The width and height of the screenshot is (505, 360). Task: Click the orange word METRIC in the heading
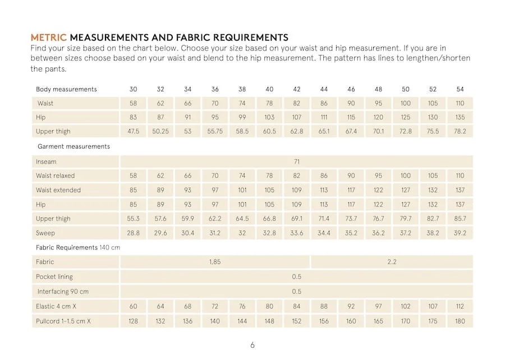click(49, 38)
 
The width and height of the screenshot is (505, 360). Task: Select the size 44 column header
click(324, 89)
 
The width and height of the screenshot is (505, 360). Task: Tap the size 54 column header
click(460, 89)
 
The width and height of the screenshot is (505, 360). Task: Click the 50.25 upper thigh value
click(160, 132)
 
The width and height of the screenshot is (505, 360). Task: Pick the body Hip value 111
click(324, 118)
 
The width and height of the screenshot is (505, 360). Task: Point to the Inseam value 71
click(297, 161)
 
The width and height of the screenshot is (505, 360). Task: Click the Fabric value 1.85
click(215, 262)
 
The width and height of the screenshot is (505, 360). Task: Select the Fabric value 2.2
click(392, 262)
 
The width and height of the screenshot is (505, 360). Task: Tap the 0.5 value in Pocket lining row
click(297, 276)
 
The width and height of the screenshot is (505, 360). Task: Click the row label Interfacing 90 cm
click(63, 292)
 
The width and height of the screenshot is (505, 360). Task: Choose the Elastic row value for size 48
click(378, 307)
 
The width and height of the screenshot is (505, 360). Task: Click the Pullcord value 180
click(460, 321)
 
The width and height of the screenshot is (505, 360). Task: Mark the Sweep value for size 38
click(242, 233)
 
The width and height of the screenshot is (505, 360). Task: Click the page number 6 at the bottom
click(252, 345)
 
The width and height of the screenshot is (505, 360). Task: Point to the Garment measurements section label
click(73, 146)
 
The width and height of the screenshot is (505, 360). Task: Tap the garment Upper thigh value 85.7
click(460, 219)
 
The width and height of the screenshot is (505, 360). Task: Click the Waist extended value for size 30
click(133, 190)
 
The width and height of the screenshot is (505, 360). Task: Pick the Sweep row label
click(45, 233)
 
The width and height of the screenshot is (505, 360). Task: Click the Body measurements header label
click(66, 89)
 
